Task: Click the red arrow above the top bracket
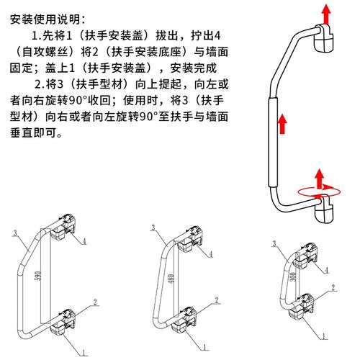click(x=325, y=14)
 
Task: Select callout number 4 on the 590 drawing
click(x=84, y=241)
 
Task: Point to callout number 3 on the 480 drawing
click(x=153, y=228)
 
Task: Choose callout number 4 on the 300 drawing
click(x=328, y=269)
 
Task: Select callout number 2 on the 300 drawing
click(x=333, y=287)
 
